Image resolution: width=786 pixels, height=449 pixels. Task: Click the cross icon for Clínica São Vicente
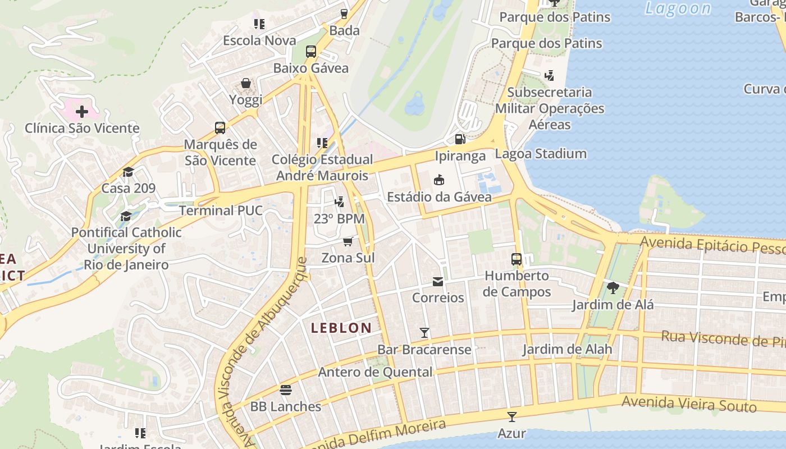(x=82, y=111)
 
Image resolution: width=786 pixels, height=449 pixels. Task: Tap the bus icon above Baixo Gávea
(x=311, y=52)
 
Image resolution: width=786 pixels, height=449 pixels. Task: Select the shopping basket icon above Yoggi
(x=246, y=84)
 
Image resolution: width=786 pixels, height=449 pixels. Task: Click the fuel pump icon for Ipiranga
(x=459, y=139)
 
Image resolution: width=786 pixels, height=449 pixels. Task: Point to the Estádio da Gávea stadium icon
(x=439, y=180)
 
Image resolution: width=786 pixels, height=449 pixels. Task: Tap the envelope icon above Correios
(x=437, y=281)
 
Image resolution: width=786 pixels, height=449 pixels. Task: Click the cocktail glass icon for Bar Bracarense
(x=424, y=333)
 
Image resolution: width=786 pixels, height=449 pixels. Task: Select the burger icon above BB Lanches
(x=286, y=390)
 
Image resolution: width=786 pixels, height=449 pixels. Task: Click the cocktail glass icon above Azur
(x=511, y=416)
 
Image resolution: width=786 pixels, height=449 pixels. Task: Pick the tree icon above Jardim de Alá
(x=613, y=288)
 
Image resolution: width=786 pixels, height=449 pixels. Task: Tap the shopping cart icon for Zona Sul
(x=348, y=241)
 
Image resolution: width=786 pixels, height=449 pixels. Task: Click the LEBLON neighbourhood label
(x=341, y=328)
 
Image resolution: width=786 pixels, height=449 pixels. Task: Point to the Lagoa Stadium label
(x=541, y=154)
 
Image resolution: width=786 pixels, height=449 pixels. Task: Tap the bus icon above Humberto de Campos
(x=517, y=259)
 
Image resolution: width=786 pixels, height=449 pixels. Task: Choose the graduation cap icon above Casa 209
(x=129, y=172)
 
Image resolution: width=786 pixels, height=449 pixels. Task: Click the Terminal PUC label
(x=221, y=210)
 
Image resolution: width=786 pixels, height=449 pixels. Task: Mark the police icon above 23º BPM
(x=339, y=202)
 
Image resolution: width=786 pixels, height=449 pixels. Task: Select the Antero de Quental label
(x=375, y=372)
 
